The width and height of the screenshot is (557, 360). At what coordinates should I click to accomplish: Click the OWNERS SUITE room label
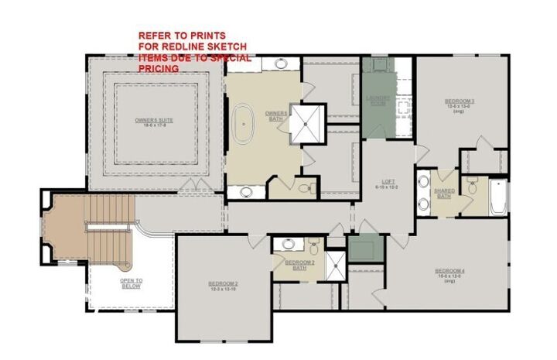[155, 122]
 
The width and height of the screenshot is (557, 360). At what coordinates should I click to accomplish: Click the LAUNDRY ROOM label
[380, 101]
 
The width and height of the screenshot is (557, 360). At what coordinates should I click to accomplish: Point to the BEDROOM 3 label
[459, 103]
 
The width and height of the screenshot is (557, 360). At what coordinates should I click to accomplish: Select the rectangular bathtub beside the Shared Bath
[498, 197]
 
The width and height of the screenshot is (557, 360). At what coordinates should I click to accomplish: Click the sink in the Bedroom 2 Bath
[288, 244]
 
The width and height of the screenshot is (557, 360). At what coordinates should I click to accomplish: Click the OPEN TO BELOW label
[131, 283]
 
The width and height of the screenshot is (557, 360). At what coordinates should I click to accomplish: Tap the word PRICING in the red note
[159, 68]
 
